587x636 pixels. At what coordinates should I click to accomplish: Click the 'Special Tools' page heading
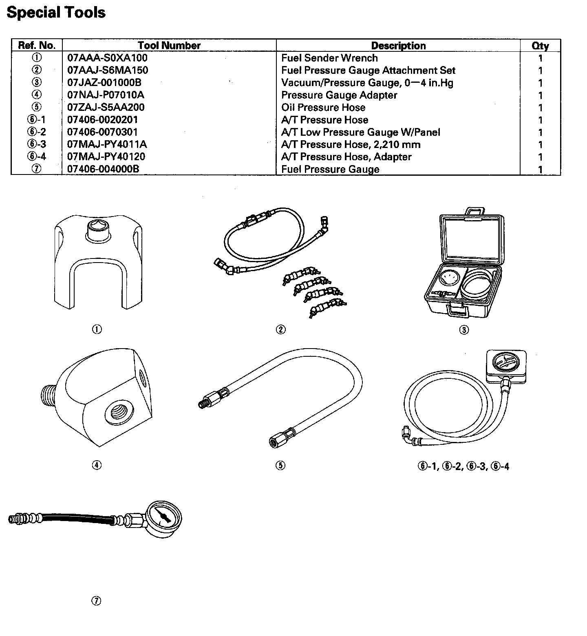pos(56,12)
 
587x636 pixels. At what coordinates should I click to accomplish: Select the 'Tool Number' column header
pos(169,45)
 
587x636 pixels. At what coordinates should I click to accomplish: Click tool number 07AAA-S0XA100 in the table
pos(107,58)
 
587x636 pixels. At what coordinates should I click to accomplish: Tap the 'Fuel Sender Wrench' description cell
pos(329,58)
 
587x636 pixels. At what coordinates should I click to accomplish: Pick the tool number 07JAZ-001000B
pos(104,83)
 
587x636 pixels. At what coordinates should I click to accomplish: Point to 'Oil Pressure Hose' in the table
pos(323,108)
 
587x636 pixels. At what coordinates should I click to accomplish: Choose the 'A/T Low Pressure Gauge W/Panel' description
pos(361,132)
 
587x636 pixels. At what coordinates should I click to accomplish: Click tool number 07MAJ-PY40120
pos(106,157)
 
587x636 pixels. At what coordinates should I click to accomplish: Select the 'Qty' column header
pos(540,46)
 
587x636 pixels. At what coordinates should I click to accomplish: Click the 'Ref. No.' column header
pos(37,45)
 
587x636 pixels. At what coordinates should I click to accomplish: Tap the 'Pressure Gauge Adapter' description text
pos(339,95)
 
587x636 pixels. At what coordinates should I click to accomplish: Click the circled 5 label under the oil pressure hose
pos(280,465)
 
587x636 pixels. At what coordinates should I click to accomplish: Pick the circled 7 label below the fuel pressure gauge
pos(96,601)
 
